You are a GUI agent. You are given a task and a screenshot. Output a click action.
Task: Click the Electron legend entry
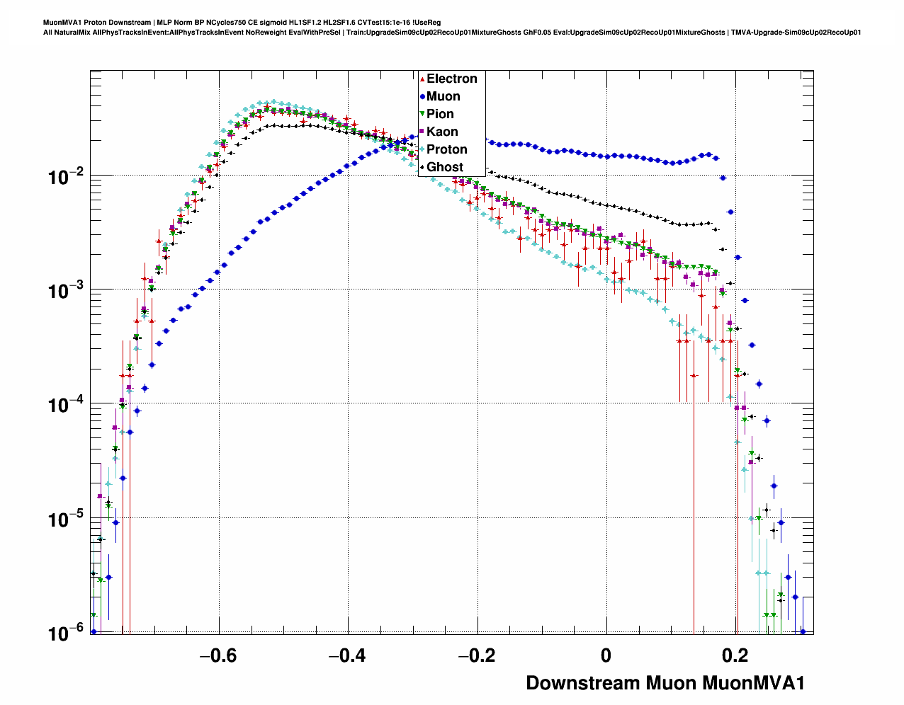click(x=451, y=79)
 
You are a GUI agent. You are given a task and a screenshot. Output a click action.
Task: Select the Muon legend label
click(x=443, y=96)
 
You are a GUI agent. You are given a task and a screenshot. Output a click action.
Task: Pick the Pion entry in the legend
click(x=440, y=114)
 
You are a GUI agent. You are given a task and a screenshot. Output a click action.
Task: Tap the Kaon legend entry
click(x=442, y=132)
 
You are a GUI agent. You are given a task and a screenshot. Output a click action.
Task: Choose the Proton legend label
click(x=446, y=149)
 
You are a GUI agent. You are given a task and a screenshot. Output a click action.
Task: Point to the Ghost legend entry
click(x=444, y=167)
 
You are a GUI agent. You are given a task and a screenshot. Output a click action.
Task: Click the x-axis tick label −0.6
click(x=218, y=655)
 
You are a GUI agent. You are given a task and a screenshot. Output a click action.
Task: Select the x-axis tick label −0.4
click(x=347, y=655)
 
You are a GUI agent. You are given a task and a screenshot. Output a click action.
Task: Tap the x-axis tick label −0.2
click(x=476, y=655)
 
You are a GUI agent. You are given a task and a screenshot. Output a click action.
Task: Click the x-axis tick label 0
click(x=606, y=655)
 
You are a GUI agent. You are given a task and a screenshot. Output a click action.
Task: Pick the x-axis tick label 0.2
click(x=736, y=655)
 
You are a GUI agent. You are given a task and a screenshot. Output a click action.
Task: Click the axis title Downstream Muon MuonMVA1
click(x=665, y=683)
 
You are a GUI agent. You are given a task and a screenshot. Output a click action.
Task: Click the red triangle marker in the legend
click(x=422, y=79)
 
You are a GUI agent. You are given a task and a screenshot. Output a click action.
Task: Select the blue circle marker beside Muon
click(x=422, y=96)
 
